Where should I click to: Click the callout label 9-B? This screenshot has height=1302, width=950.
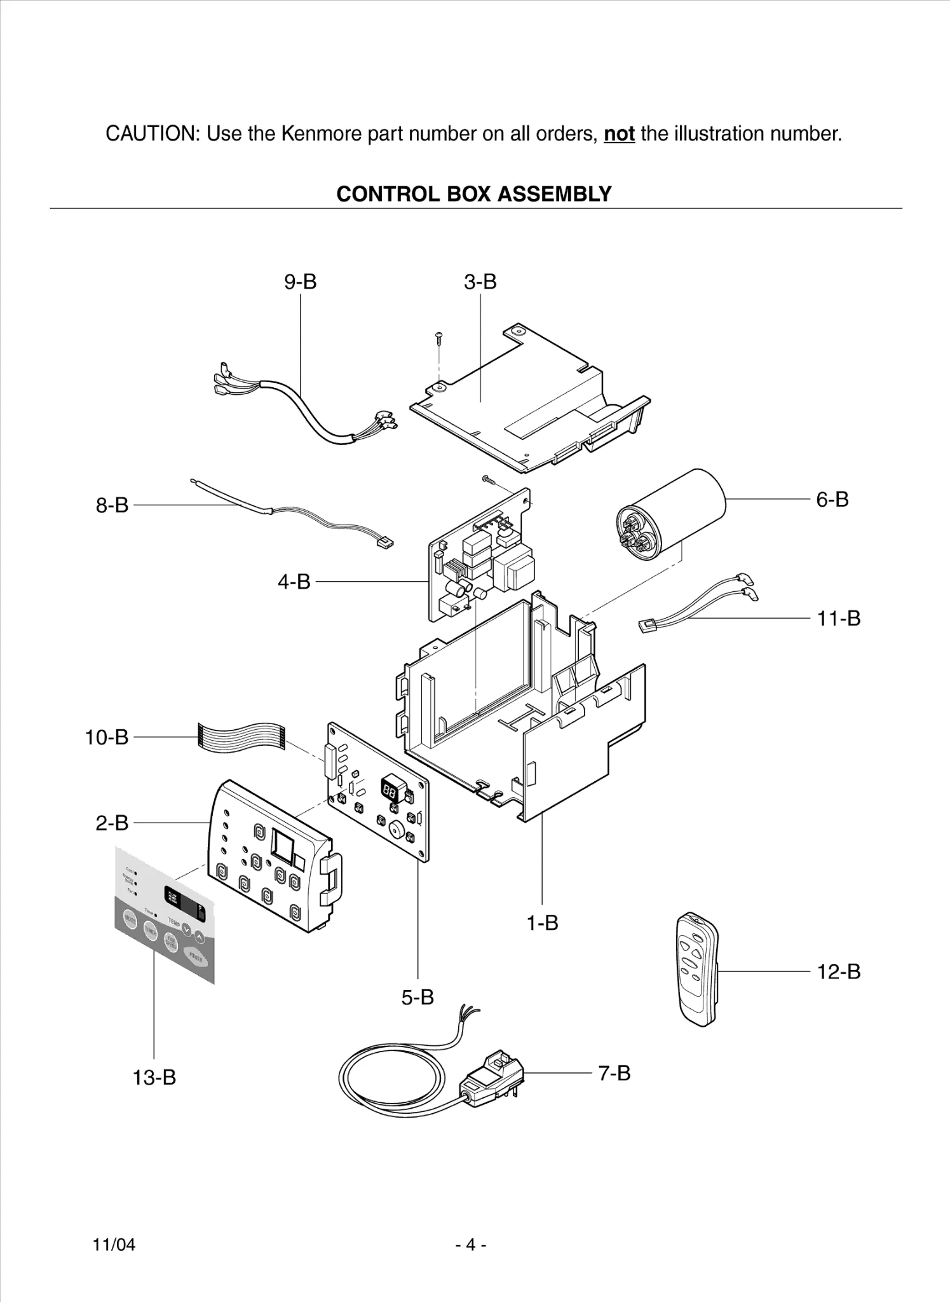[x=300, y=282]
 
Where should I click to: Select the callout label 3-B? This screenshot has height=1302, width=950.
[x=480, y=282]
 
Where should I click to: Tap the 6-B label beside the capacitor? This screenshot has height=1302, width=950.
[x=832, y=500]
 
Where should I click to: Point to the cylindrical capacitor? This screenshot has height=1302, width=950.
[x=671, y=515]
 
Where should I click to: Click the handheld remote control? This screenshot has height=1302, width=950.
[x=697, y=969]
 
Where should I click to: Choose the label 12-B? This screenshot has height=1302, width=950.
[x=838, y=971]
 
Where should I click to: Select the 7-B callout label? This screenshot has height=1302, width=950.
[x=614, y=1073]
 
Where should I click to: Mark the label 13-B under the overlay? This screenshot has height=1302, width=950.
[x=154, y=1078]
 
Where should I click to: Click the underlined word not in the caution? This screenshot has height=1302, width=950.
[x=619, y=134]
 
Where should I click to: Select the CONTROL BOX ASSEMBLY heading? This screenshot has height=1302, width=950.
[x=473, y=194]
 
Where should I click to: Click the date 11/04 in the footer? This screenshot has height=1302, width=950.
[x=114, y=1244]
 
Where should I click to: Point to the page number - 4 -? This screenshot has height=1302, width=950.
[x=471, y=1244]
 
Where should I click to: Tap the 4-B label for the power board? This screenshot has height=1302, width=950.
[x=294, y=581]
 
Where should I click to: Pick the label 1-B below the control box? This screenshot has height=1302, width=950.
[x=542, y=922]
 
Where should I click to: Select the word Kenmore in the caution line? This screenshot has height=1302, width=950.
[x=308, y=134]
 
